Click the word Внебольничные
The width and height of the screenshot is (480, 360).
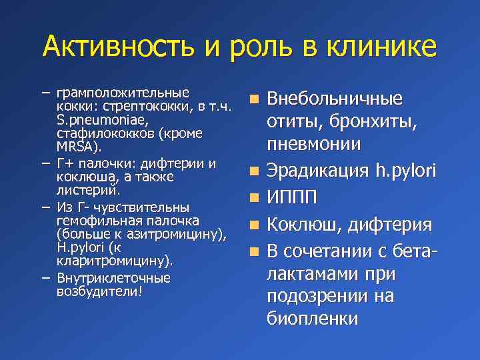(335, 99)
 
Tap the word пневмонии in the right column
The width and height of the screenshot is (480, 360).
(314, 144)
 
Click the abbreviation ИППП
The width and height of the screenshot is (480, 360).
(291, 198)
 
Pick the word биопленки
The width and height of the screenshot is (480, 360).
(312, 319)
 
